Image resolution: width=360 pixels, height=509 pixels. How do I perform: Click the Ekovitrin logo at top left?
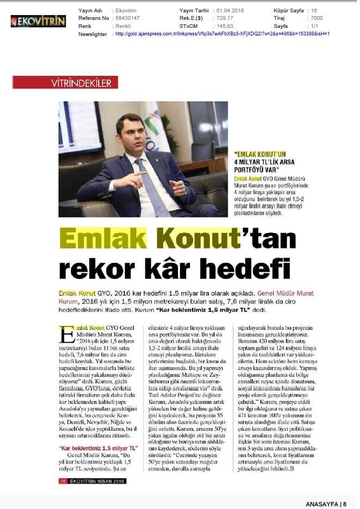coord(38,21)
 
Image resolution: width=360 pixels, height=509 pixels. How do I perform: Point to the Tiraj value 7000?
coord(317,18)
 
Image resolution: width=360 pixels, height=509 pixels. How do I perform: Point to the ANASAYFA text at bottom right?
coord(322,504)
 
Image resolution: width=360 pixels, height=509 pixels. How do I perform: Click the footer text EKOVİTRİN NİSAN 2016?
coord(97,481)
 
